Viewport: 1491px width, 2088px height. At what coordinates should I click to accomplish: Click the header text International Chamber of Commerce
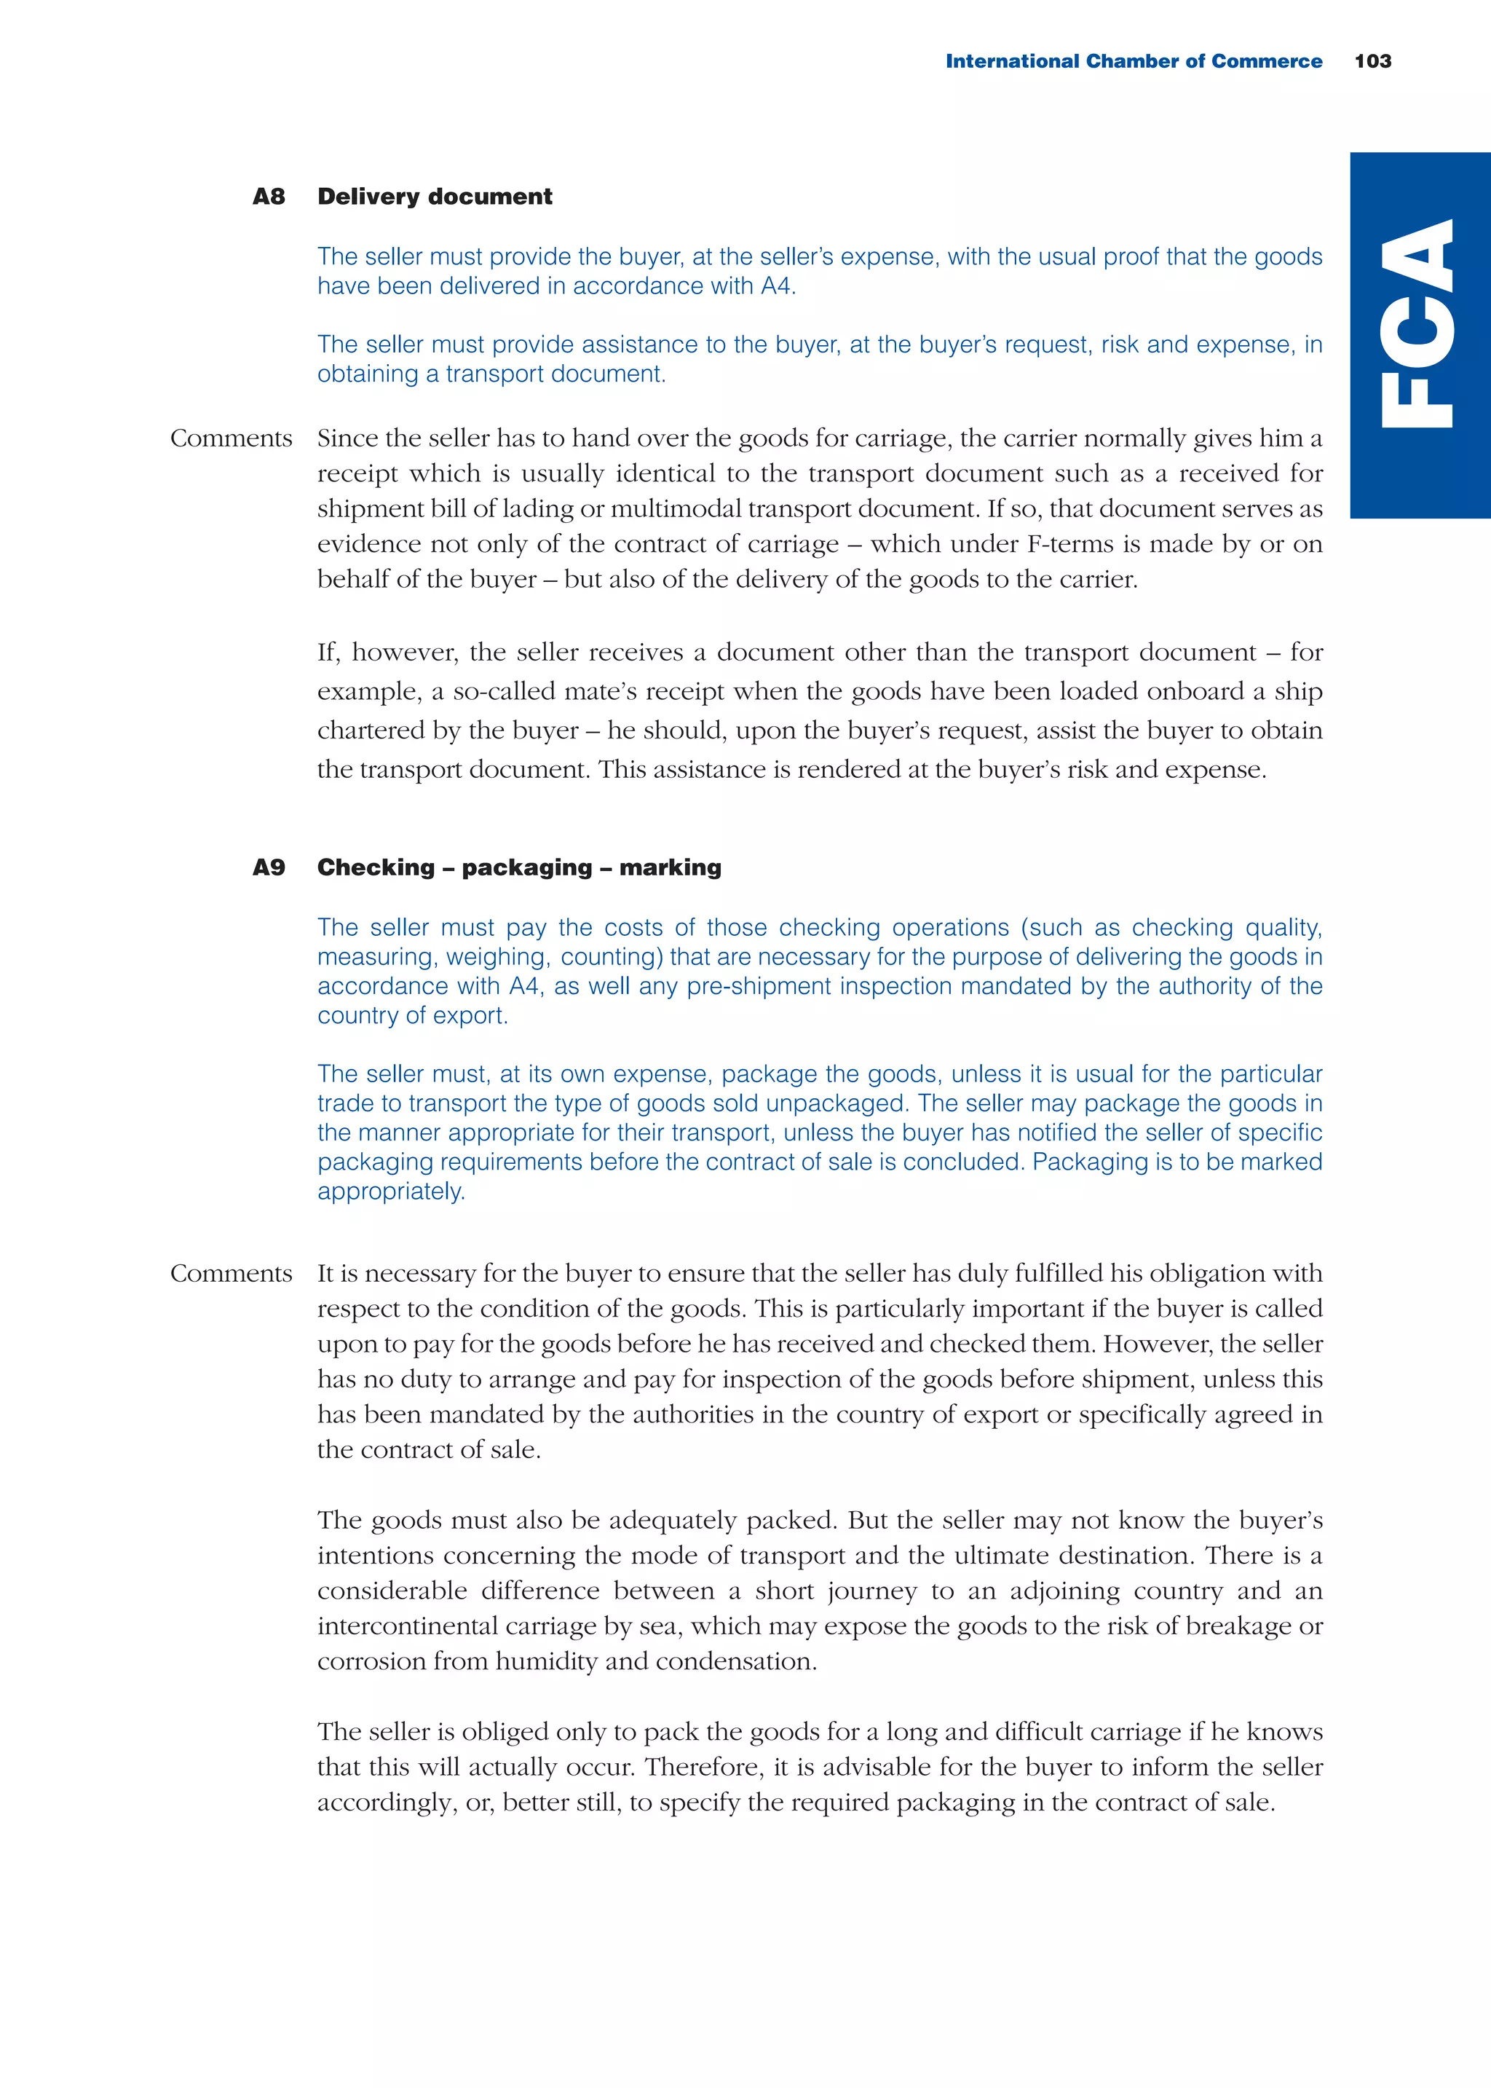click(x=1133, y=61)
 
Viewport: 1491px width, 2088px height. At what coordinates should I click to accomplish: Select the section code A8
click(x=269, y=197)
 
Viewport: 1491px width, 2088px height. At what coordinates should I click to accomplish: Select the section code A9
click(x=269, y=867)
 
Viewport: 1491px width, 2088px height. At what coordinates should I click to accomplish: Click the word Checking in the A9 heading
click(x=376, y=867)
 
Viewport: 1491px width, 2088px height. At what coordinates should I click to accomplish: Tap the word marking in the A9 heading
click(x=671, y=867)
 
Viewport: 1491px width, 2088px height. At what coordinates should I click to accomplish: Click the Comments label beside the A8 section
click(x=231, y=439)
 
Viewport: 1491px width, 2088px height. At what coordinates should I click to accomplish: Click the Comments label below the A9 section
click(x=231, y=1274)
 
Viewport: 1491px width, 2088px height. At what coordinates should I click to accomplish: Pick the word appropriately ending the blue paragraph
click(x=390, y=1191)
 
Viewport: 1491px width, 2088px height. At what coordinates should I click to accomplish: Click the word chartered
click(x=376, y=731)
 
